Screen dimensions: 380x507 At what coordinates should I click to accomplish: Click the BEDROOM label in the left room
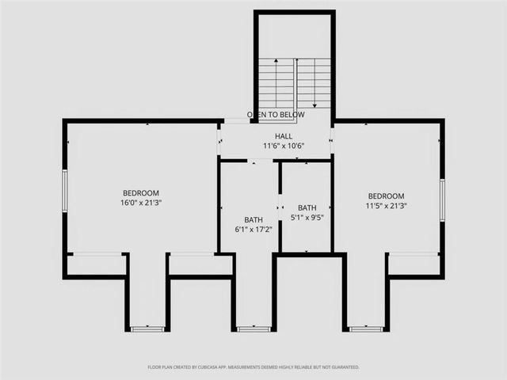click(141, 193)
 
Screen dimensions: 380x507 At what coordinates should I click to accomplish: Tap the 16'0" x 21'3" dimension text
click(141, 203)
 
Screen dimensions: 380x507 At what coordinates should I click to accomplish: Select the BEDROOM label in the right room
click(386, 196)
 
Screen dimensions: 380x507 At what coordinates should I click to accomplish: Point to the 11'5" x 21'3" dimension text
click(386, 206)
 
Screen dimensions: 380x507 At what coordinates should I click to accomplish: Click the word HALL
click(273, 136)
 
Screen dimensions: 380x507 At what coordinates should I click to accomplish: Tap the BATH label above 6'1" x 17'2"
click(253, 220)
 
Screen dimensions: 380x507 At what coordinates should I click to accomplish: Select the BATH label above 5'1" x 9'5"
click(307, 207)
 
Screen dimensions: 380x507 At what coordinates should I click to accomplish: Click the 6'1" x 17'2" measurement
click(253, 230)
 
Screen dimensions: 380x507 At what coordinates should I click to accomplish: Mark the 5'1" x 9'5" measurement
click(307, 217)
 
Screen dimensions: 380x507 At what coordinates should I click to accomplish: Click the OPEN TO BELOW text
click(276, 115)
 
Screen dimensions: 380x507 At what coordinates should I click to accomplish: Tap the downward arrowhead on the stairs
click(315, 104)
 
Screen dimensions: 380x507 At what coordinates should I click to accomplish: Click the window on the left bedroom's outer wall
click(65, 191)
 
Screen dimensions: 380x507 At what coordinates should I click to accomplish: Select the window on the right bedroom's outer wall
click(442, 199)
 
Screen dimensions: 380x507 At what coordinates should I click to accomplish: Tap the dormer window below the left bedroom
click(147, 329)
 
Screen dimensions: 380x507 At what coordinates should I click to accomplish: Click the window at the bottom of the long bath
click(253, 329)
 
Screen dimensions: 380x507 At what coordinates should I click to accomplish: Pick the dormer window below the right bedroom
click(366, 329)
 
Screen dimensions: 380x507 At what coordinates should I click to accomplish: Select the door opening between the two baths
click(280, 207)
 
